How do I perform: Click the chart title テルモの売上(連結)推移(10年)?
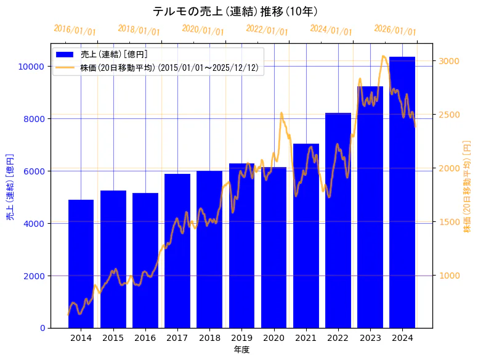(x=235, y=12)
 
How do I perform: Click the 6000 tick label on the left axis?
(x=35, y=171)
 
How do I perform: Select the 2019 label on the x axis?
(x=241, y=338)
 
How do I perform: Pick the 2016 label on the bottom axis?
(x=145, y=338)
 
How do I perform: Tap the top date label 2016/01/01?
(x=75, y=30)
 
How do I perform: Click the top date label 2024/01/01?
(x=331, y=30)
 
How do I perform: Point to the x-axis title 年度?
(x=241, y=350)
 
